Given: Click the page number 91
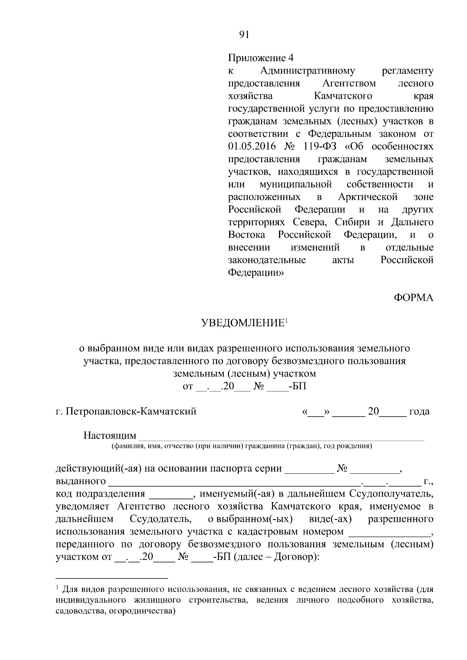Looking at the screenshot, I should point(244,35).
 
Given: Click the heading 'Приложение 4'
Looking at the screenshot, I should point(260,58).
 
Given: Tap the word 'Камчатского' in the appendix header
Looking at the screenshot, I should point(342,96).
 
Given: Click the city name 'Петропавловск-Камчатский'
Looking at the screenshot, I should point(131,411).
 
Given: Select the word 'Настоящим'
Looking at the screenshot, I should point(110,435).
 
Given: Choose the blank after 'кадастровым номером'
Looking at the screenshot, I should point(389,535).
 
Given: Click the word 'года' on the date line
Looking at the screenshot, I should point(419,411).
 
